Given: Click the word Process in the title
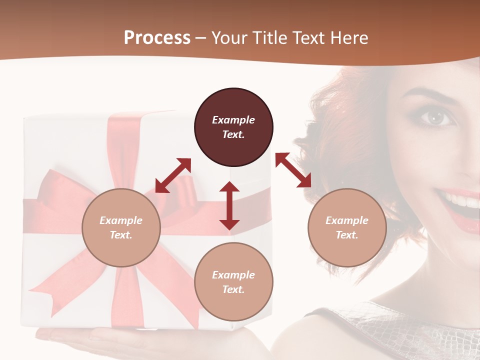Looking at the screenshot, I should point(157,38).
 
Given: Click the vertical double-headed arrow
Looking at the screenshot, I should point(229,205).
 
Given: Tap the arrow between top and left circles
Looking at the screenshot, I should point(173,175).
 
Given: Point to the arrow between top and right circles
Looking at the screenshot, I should point(293,170).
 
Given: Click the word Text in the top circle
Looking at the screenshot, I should point(233,134).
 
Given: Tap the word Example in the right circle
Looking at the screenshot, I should point(347,220).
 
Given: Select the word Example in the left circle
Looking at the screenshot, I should point(121,220).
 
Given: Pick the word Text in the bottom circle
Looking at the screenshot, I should point(233,289).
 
